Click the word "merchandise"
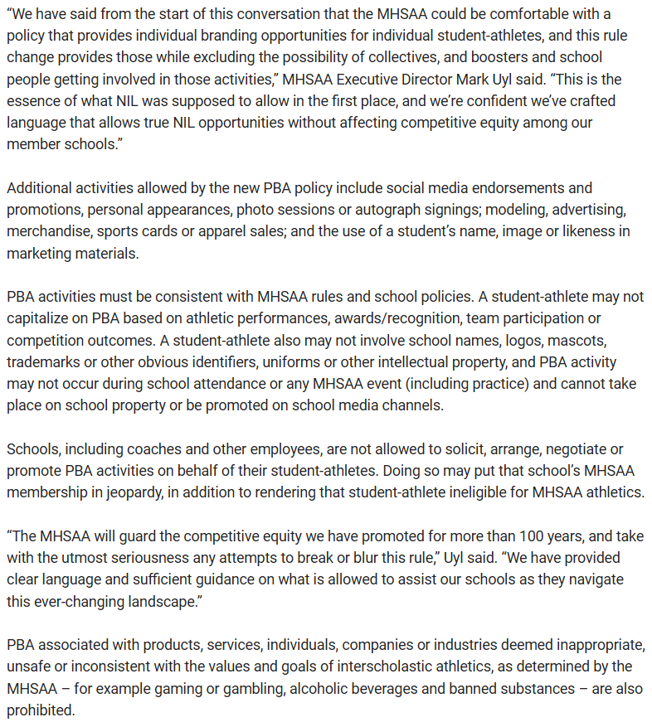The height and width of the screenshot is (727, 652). point(46,231)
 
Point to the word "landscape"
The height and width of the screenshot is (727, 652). point(162,600)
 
